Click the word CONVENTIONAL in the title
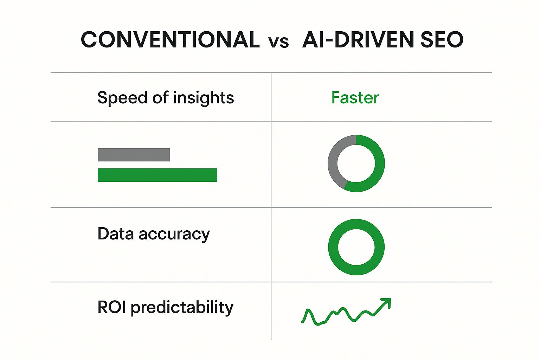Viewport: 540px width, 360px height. pyautogui.click(x=170, y=40)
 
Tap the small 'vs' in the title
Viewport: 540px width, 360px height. pyautogui.click(x=278, y=42)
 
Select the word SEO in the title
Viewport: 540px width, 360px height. pyautogui.click(x=442, y=40)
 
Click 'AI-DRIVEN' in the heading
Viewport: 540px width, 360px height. pyautogui.click(x=358, y=40)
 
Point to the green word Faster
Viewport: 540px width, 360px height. pyautogui.click(x=355, y=98)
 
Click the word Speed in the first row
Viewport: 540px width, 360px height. pyautogui.click(x=122, y=98)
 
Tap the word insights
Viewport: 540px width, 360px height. pyautogui.click(x=204, y=98)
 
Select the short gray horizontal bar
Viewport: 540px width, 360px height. pyautogui.click(x=134, y=155)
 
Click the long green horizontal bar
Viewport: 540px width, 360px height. pyautogui.click(x=157, y=175)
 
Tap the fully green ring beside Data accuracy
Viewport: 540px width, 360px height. pyautogui.click(x=333, y=247)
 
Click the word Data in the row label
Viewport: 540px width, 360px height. pyautogui.click(x=115, y=234)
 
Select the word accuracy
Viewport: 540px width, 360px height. pyautogui.click(x=174, y=235)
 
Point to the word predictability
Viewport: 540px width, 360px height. pyautogui.click(x=182, y=308)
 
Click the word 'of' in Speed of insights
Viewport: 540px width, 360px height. pyautogui.click(x=160, y=97)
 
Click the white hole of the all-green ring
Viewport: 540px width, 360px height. pyautogui.click(x=356, y=247)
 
